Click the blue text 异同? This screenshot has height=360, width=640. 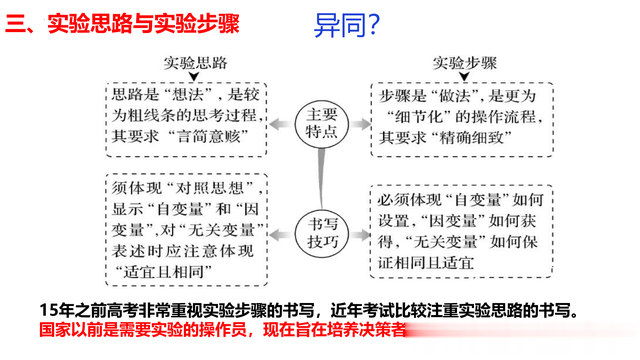tap(347, 25)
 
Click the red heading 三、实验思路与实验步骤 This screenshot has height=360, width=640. tap(122, 23)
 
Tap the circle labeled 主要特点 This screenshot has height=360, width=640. tap(322, 124)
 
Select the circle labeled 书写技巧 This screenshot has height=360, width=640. tap(322, 233)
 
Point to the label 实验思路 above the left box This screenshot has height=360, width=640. tap(195, 63)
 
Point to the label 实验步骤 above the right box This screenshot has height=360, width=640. tap(464, 63)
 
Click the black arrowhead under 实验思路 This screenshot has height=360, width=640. tap(194, 77)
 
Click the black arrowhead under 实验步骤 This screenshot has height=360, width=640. tap(464, 77)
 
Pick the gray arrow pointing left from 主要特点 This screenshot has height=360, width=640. tap(280, 124)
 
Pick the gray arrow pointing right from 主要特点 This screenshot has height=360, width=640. tap(360, 124)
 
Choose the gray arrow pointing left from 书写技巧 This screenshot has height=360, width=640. tap(280, 234)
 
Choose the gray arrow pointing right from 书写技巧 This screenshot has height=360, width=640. tap(360, 234)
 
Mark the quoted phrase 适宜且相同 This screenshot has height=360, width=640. tap(163, 272)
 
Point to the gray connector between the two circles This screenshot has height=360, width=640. tap(322, 179)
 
